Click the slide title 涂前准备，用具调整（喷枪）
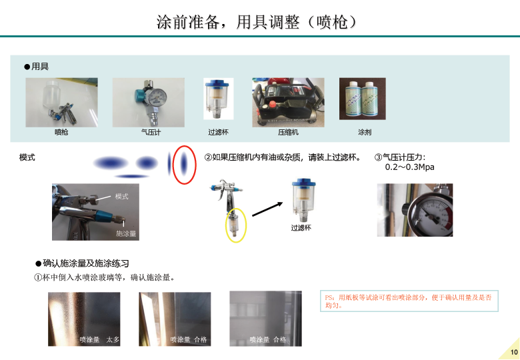[257, 22]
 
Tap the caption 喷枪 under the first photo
[61, 132]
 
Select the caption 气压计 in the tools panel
[151, 132]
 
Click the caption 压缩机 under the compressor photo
[288, 132]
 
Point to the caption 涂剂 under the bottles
[365, 132]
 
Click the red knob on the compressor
[272, 105]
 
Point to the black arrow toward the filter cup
[267, 209]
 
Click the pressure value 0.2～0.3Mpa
[409, 167]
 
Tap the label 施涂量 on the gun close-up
[126, 234]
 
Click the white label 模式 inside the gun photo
[122, 197]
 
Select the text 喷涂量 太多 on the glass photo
[99, 340]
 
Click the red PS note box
[409, 301]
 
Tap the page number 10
[514, 352]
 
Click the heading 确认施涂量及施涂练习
[85, 263]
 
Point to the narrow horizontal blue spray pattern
[131, 176]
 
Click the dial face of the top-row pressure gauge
[157, 98]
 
